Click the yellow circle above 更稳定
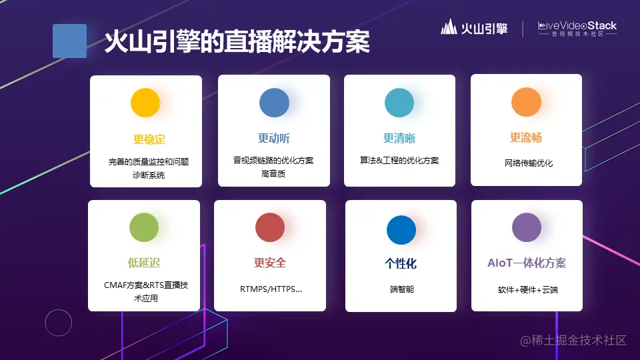(145, 103)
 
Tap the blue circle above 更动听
(274, 103)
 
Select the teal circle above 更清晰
(399, 103)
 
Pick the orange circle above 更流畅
(526, 102)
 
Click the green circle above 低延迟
(144, 227)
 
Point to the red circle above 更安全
(270, 227)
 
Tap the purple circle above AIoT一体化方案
(527, 227)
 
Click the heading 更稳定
(149, 139)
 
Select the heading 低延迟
(144, 263)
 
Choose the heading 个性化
(401, 264)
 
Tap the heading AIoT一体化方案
(527, 263)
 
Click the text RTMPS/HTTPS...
(270, 290)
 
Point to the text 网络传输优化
(528, 163)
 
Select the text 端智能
(401, 289)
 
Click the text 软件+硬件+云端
(527, 291)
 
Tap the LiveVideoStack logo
(577, 28)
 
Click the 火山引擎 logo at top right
(474, 28)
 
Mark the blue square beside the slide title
(69, 41)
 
